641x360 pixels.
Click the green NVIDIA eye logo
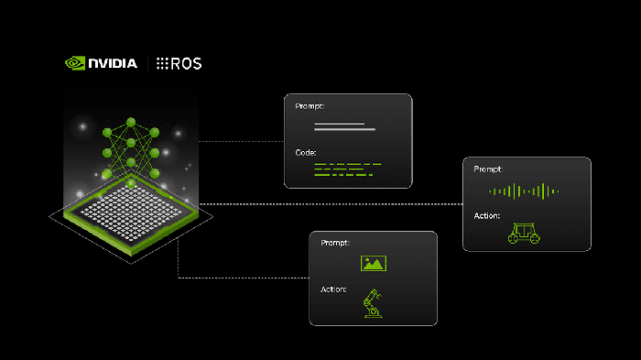pos(75,63)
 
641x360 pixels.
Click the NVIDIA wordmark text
pos(113,63)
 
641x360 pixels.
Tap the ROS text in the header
pos(186,63)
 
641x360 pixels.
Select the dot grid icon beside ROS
pos(162,63)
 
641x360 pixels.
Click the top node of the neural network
pos(131,122)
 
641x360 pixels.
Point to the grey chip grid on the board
pos(131,213)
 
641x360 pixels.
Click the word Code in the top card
pos(305,153)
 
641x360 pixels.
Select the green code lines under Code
pos(347,169)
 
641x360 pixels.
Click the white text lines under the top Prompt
pos(344,126)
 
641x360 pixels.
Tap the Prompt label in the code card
pos(310,106)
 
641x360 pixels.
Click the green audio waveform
pos(524,191)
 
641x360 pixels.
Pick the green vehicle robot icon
pos(524,234)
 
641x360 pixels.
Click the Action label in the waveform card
pos(486,215)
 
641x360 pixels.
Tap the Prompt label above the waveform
pos(488,169)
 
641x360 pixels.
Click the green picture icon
pos(374,264)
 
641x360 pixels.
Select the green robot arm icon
pos(373,303)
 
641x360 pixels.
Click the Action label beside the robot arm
pos(333,289)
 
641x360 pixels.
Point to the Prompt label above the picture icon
pos(335,243)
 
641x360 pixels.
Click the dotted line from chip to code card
pos(241,142)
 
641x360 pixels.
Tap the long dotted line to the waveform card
pos(331,203)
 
